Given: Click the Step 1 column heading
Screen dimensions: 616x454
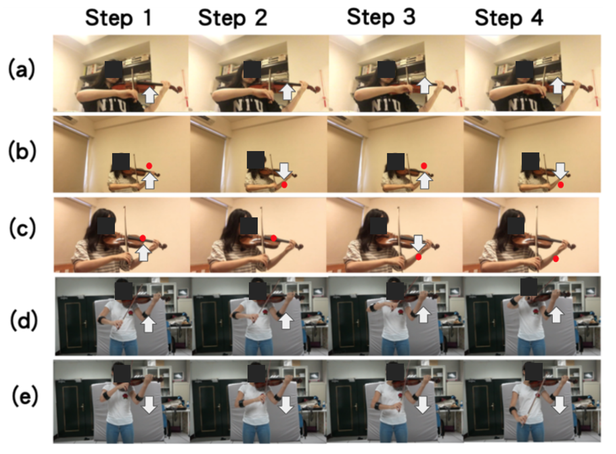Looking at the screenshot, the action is point(119,18).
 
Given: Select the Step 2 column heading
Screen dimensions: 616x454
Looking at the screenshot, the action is point(233,18).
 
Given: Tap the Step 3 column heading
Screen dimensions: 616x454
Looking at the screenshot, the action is point(381,17).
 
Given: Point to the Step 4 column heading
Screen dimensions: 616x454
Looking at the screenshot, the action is point(509,18).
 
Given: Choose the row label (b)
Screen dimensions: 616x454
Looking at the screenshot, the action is point(22,151).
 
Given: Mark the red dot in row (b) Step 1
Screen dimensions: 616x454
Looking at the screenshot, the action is point(149,166).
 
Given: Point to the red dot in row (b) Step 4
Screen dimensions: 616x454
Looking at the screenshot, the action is point(560,185).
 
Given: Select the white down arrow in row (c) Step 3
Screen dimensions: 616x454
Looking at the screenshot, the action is point(418,243).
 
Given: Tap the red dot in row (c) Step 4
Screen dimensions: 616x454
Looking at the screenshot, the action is point(556,259).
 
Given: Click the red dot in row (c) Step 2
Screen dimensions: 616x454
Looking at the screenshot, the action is point(274,238).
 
